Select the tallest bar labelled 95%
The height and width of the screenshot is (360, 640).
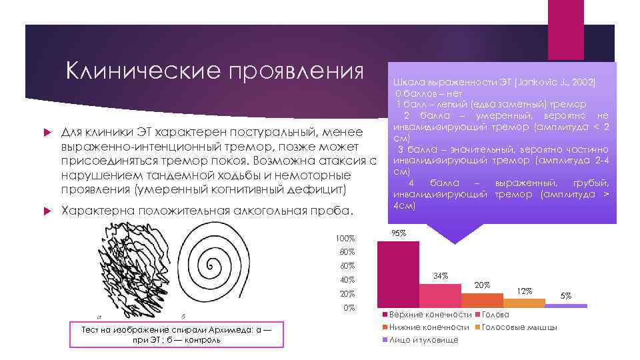pyautogui.click(x=399, y=273)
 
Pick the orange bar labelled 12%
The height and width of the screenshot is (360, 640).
pyautogui.click(x=524, y=303)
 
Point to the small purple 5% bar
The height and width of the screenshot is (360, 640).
pyautogui.click(x=566, y=305)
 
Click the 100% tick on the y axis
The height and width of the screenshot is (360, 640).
pyautogui.click(x=346, y=238)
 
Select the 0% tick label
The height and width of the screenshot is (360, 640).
pyautogui.click(x=349, y=307)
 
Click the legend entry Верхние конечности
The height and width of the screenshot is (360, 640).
pyautogui.click(x=430, y=314)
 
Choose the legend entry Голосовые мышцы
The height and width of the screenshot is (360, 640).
pyautogui.click(x=519, y=327)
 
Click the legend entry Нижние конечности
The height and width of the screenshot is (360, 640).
pyautogui.click(x=429, y=327)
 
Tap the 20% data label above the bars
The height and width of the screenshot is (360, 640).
pyautogui.click(x=482, y=285)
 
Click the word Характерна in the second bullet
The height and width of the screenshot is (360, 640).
pyautogui.click(x=97, y=211)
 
